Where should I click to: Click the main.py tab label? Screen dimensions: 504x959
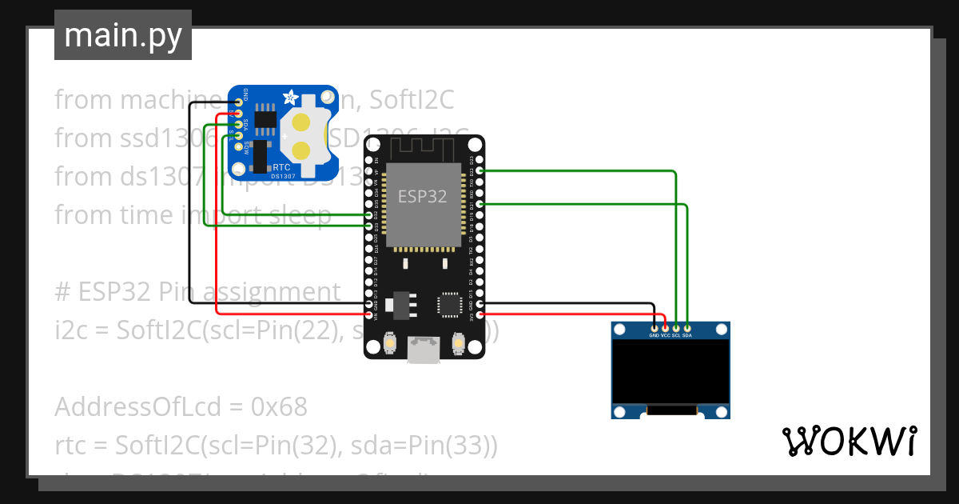(x=123, y=35)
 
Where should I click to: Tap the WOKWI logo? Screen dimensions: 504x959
(x=849, y=441)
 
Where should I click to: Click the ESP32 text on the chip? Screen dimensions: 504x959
(x=422, y=196)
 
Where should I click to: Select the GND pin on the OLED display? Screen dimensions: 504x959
(x=655, y=327)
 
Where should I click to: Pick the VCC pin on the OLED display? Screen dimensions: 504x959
(x=666, y=327)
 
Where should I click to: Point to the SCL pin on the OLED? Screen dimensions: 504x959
(x=676, y=327)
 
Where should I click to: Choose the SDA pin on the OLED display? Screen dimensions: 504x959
(x=686, y=327)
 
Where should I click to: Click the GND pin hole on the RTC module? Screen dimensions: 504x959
(x=238, y=103)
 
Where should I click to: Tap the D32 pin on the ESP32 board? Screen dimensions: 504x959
(x=368, y=215)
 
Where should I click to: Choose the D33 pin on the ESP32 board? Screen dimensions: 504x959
(x=368, y=226)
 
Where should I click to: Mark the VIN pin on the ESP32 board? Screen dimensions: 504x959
(x=368, y=315)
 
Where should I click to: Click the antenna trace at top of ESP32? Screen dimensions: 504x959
(x=422, y=150)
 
